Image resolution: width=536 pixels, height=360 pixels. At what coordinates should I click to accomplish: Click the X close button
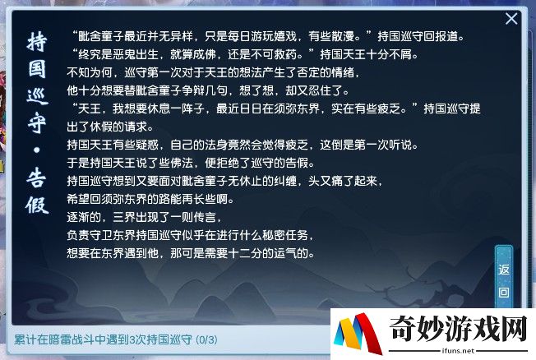[511, 19]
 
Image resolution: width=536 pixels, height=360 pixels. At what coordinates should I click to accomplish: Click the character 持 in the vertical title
[37, 42]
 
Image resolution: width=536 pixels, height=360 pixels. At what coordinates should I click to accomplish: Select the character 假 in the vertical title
[37, 205]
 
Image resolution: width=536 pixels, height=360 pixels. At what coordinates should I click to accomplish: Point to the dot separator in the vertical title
[37, 150]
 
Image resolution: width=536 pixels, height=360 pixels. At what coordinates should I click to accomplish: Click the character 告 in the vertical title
[37, 178]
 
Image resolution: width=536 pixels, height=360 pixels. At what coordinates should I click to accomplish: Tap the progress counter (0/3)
[206, 339]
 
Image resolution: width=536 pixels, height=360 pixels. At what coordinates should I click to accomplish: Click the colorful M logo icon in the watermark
[358, 334]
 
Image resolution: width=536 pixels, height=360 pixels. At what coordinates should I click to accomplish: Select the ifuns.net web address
[458, 350]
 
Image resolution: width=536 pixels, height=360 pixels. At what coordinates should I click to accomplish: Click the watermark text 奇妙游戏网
[458, 329]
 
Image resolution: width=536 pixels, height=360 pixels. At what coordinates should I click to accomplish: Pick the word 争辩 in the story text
[193, 90]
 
